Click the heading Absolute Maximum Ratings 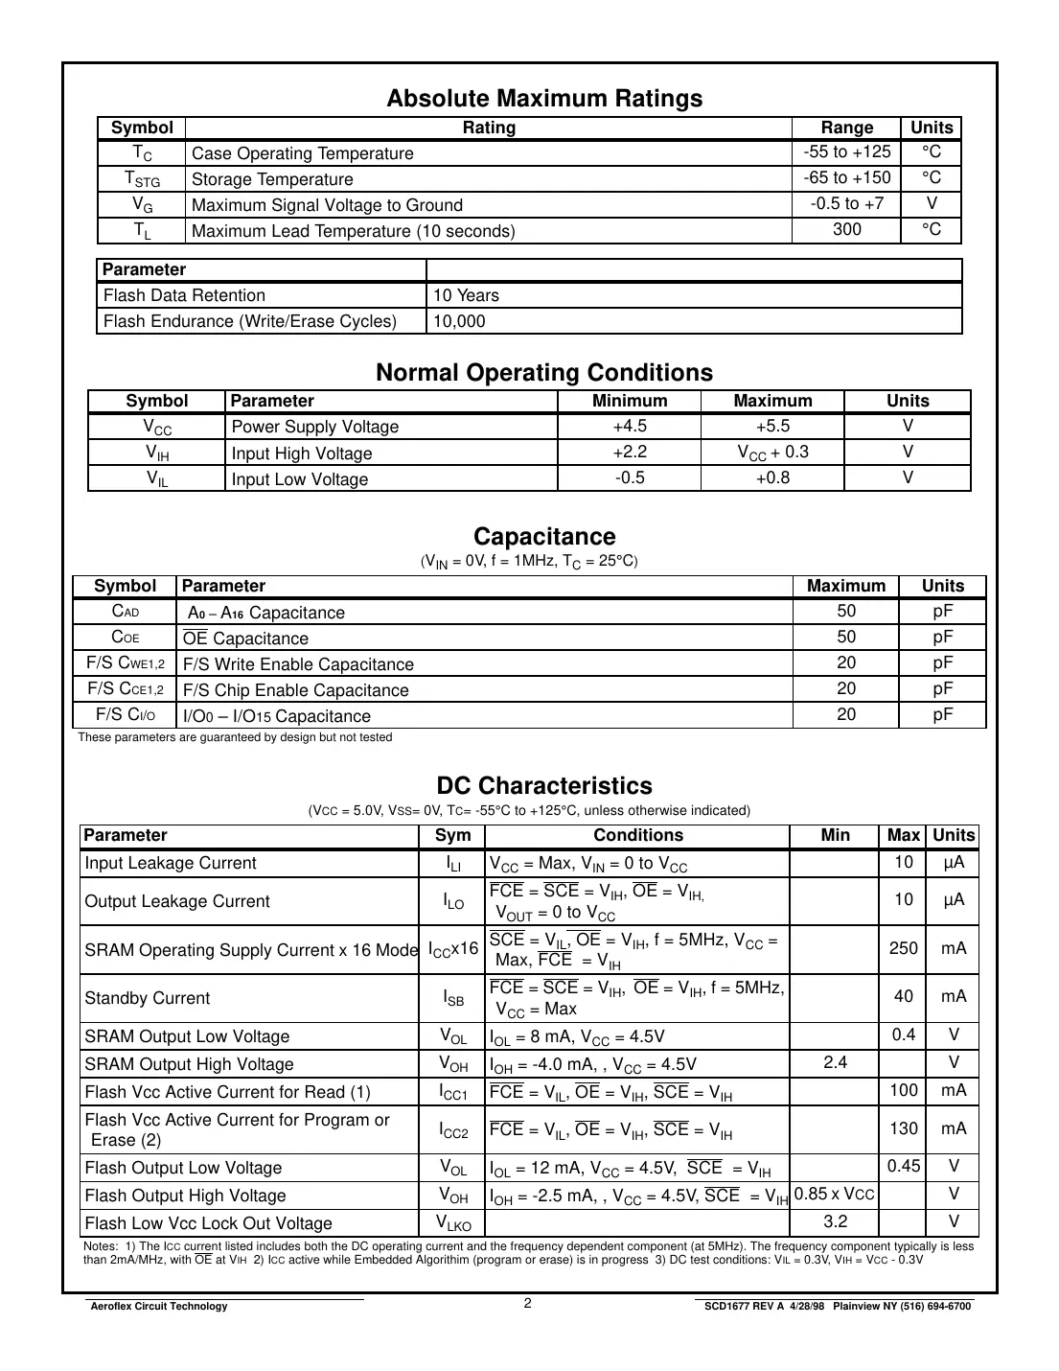pyautogui.click(x=543, y=99)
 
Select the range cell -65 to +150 pyautogui.click(x=846, y=177)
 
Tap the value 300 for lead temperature pyautogui.click(x=846, y=229)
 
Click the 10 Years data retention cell pyautogui.click(x=466, y=295)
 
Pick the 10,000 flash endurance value pyautogui.click(x=459, y=321)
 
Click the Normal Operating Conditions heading pyautogui.click(x=543, y=373)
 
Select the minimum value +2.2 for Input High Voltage pyautogui.click(x=629, y=452)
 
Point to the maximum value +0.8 pyautogui.click(x=771, y=477)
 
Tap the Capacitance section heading pyautogui.click(x=543, y=537)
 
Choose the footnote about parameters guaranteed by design pyautogui.click(x=235, y=737)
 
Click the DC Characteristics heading pyautogui.click(x=543, y=786)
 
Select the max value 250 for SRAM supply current pyautogui.click(x=903, y=948)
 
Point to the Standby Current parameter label pyautogui.click(x=147, y=998)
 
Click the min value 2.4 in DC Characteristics pyautogui.click(x=835, y=1062)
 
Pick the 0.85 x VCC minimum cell pyautogui.click(x=834, y=1194)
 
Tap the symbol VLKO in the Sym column pyautogui.click(x=453, y=1222)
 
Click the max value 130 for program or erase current pyautogui.click(x=903, y=1128)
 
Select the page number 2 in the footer pyautogui.click(x=528, y=1303)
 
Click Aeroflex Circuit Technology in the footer pyautogui.click(x=158, y=1306)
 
